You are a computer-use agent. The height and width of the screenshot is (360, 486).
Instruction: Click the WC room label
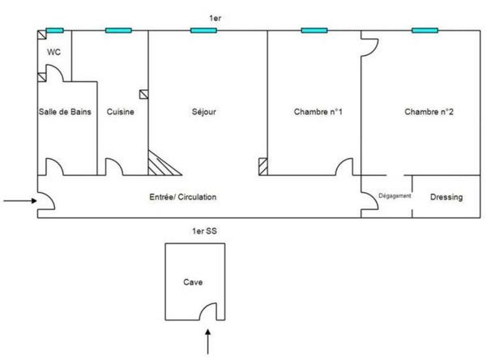tap(54, 52)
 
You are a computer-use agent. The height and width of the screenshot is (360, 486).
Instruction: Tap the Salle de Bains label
tap(65, 112)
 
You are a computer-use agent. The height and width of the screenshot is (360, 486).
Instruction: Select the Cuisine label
tap(120, 112)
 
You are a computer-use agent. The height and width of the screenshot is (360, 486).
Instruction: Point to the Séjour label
tap(204, 112)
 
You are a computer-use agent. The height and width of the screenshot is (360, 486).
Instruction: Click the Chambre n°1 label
tap(318, 112)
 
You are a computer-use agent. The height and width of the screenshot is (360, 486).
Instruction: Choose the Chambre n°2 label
tap(428, 112)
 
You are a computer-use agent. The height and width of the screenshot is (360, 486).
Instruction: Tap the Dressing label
tap(446, 197)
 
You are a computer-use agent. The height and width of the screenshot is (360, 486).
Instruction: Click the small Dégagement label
tap(394, 196)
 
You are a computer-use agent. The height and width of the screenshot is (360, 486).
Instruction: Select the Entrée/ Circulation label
tap(183, 197)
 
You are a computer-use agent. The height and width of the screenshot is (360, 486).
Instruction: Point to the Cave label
tap(193, 282)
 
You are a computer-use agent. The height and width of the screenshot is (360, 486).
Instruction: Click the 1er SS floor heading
tap(205, 231)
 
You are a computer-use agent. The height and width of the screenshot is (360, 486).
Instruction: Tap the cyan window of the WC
tap(55, 31)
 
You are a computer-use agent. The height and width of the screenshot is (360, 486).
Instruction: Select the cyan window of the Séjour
tap(203, 31)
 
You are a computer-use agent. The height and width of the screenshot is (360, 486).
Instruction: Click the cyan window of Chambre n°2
tap(424, 31)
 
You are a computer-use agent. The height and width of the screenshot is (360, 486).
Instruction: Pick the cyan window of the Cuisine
tap(118, 31)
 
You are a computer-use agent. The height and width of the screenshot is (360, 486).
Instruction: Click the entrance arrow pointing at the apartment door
tap(20, 201)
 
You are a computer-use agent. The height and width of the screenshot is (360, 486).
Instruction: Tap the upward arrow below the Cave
tap(208, 341)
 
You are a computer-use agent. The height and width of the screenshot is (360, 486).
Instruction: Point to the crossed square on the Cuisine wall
tap(144, 94)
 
